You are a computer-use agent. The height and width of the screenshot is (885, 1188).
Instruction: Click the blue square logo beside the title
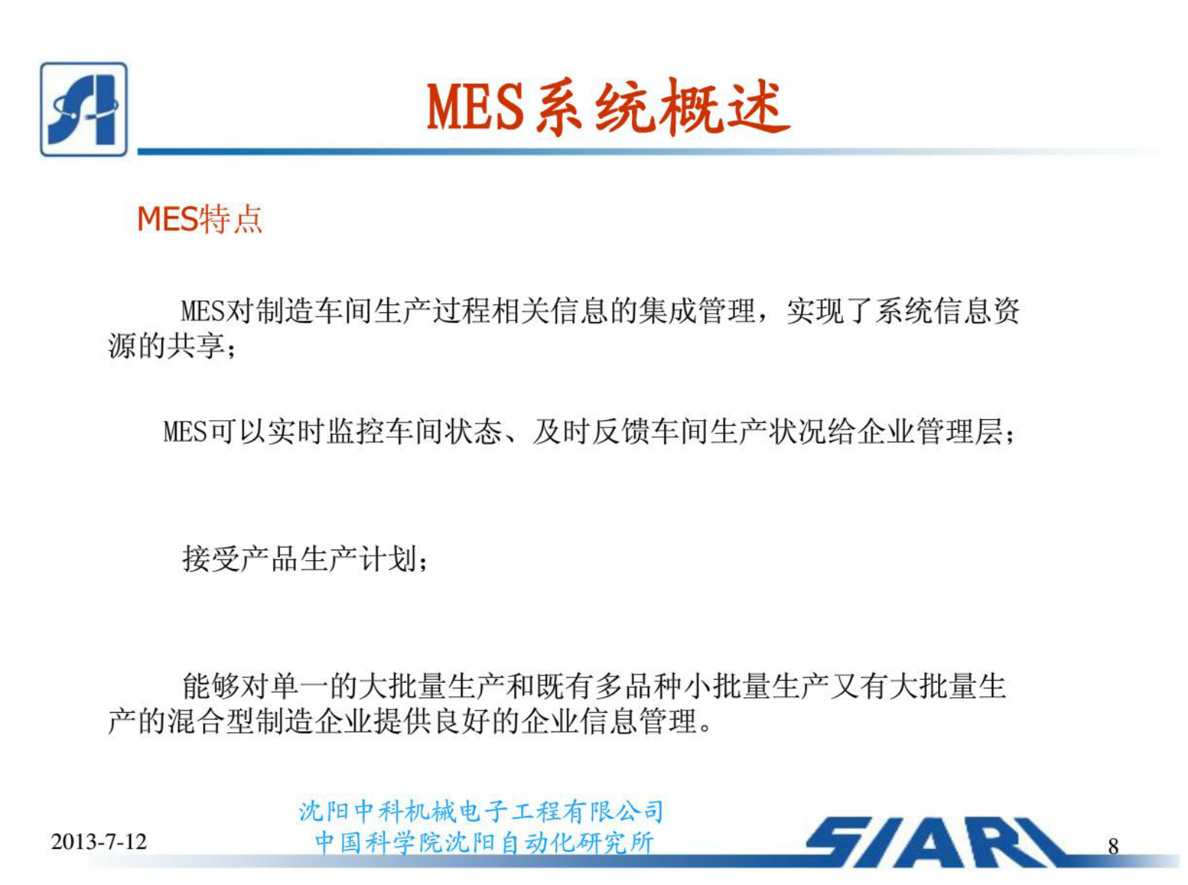(x=83, y=109)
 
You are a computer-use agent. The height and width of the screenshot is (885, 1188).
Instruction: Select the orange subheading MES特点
(x=199, y=219)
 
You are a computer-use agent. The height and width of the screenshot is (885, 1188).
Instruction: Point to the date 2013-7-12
(x=99, y=842)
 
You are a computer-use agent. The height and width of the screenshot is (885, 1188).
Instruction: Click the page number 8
(x=1113, y=846)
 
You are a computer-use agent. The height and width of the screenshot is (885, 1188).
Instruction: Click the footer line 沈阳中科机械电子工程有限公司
(x=481, y=811)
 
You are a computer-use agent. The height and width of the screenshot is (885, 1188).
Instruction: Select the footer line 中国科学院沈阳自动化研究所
(x=484, y=843)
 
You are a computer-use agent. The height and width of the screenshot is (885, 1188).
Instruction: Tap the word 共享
(x=196, y=346)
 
